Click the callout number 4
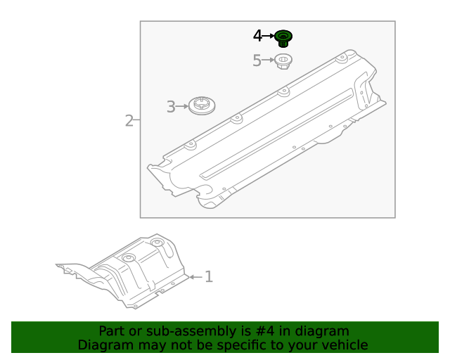coord(257,35)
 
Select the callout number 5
coord(257,60)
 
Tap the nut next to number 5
coord(283,61)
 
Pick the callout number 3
coord(171,107)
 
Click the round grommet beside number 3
coord(202,107)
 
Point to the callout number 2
coord(129,121)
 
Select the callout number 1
coord(208,276)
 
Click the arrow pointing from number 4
coord(268,35)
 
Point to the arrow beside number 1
coord(195,276)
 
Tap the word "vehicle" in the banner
coord(344,345)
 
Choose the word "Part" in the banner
coord(112,331)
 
